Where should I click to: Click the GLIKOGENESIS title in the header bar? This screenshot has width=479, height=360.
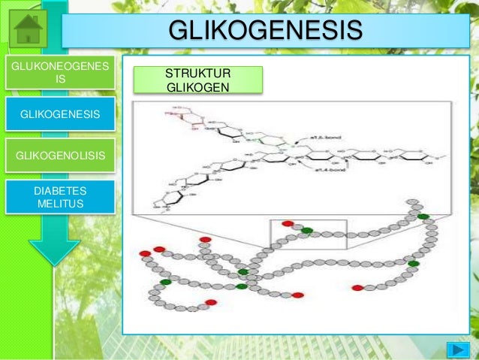264,32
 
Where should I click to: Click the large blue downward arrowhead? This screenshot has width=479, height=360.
54,248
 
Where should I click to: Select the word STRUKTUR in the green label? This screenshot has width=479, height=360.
198,74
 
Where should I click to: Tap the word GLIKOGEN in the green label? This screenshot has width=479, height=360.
198,88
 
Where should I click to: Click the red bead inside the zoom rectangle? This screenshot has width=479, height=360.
288,224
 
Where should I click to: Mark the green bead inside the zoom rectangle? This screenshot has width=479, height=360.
306,231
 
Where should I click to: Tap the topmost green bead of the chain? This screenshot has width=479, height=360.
423,216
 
